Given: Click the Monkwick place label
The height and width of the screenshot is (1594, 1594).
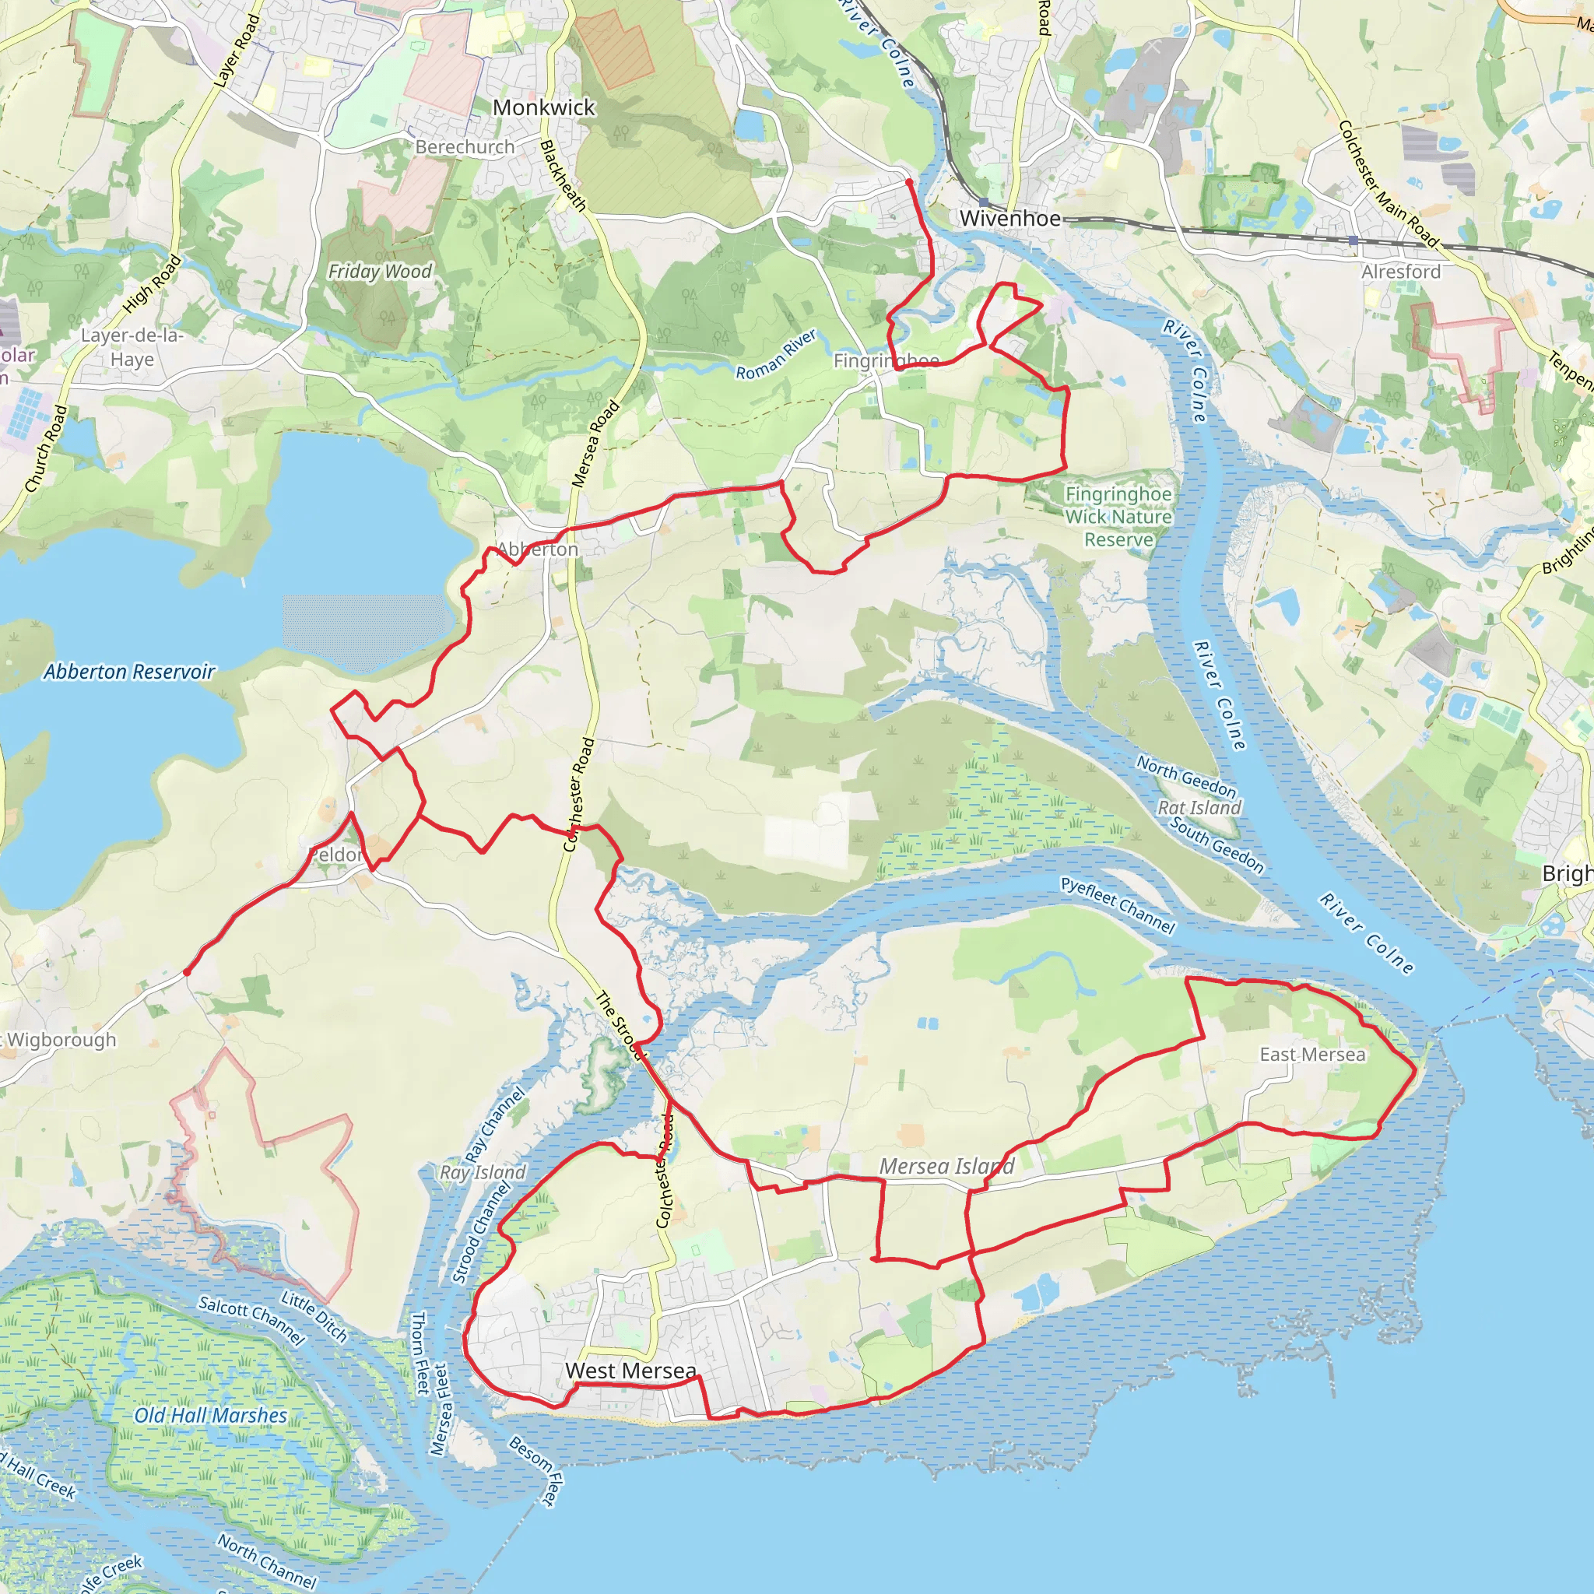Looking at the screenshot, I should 543,108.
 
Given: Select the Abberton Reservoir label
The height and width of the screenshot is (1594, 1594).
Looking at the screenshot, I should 129,672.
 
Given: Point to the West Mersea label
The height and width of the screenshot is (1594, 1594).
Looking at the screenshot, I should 631,1371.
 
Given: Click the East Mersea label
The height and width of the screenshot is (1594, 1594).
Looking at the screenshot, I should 1311,1055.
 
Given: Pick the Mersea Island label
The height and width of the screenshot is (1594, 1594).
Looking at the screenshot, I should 946,1167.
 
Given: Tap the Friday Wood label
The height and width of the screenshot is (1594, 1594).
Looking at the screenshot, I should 380,272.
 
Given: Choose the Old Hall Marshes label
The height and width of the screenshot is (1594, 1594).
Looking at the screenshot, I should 210,1416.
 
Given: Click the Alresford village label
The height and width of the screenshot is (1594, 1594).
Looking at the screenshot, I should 1401,272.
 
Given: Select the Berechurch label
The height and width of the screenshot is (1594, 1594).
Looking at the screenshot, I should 465,147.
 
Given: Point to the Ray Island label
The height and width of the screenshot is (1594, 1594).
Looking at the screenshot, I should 483,1172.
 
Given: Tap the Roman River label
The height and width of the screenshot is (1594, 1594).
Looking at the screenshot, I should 776,355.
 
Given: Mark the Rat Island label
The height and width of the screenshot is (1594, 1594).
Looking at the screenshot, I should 1199,808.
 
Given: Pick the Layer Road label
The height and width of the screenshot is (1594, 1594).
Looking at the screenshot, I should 237,51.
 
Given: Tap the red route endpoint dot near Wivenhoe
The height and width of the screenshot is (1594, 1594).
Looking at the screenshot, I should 908,181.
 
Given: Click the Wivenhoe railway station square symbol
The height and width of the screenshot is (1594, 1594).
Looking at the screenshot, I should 984,202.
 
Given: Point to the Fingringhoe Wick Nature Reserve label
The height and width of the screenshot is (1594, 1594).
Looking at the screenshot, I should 1118,517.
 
